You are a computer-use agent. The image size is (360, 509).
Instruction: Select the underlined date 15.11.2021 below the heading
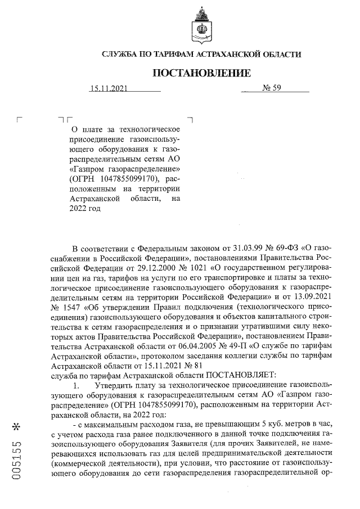click(x=110, y=88)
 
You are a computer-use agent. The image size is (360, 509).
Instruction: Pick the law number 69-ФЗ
click(x=280, y=248)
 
